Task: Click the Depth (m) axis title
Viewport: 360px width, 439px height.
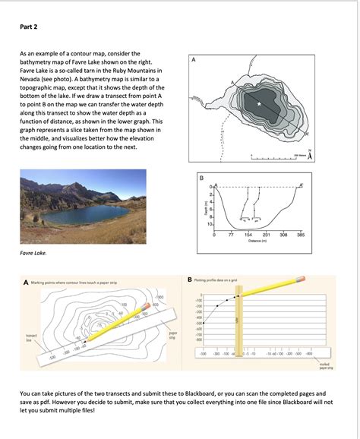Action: click(203, 207)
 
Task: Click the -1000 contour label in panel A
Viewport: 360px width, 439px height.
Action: click(159, 296)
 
